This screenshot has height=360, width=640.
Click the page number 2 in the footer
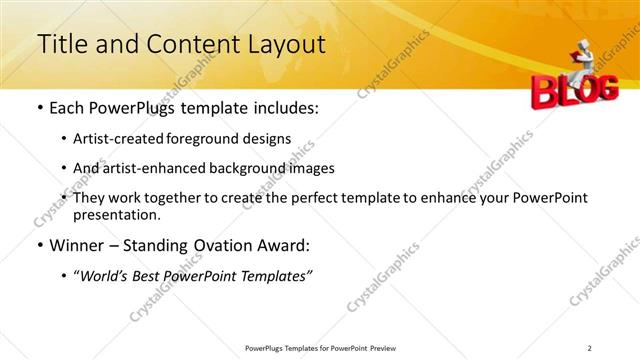[590, 347]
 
